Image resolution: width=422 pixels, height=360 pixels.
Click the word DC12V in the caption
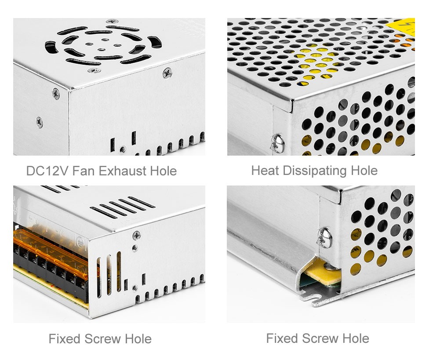[x=47, y=171]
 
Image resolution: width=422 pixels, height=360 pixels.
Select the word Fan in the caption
[x=84, y=171]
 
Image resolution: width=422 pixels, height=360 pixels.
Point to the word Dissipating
[x=315, y=171]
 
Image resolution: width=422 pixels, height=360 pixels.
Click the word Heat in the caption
[x=265, y=171]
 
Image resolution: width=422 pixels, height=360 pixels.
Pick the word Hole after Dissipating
[x=364, y=171]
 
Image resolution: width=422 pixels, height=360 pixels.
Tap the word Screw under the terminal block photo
[x=102, y=339]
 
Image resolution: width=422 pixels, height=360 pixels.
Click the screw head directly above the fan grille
[x=112, y=21]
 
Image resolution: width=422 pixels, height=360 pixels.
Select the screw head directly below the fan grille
[x=94, y=70]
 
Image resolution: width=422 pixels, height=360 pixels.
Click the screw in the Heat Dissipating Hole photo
[x=278, y=144]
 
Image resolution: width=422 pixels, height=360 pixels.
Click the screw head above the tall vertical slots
[x=137, y=236]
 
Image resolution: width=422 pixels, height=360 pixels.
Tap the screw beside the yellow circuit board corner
[x=325, y=238]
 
